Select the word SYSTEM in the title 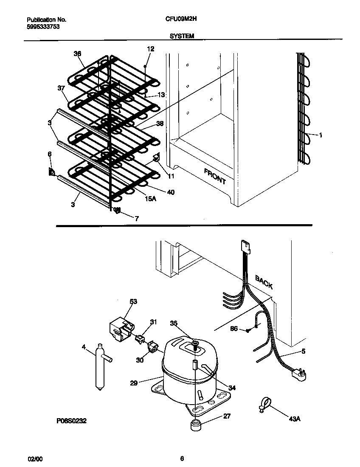(182, 37)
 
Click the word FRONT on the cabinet (215, 176)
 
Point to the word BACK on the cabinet (264, 281)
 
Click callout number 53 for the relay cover (133, 301)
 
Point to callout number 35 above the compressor (174, 323)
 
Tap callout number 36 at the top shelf (77, 53)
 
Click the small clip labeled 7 (117, 210)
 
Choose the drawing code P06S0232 (71, 422)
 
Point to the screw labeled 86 (248, 330)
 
